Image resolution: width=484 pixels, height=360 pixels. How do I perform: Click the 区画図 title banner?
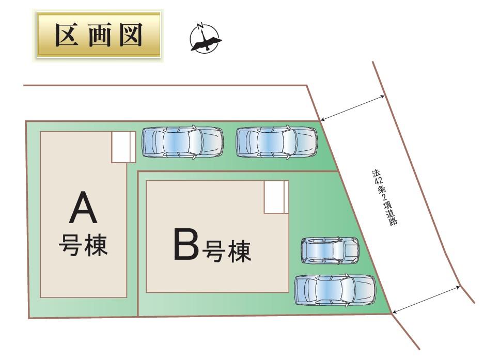tap(98, 35)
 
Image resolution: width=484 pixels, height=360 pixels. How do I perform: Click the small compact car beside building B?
tap(330, 251)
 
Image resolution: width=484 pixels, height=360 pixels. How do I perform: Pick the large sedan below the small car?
tap(335, 290)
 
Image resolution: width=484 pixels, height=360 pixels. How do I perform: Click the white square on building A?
tap(123, 147)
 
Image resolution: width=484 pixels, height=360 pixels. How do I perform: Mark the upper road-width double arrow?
tap(352, 108)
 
